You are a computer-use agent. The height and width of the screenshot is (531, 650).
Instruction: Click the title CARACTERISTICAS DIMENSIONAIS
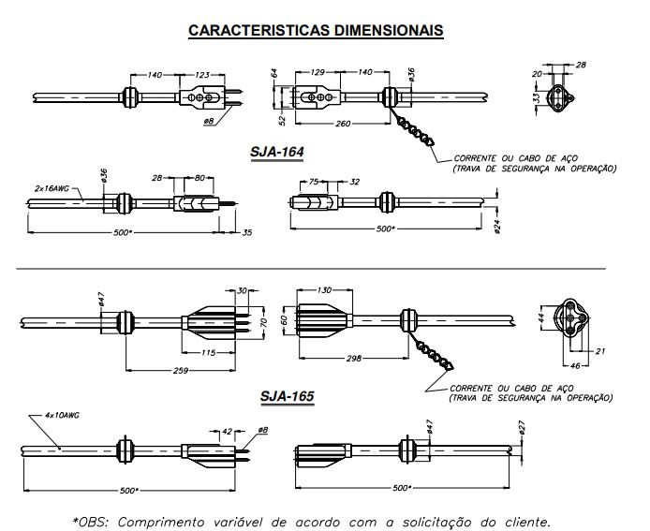[316, 30]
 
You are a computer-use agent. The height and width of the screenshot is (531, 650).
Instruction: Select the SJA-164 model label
[276, 152]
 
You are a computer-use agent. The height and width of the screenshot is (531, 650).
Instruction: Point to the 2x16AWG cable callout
[52, 186]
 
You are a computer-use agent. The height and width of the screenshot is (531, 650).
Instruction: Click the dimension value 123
[202, 73]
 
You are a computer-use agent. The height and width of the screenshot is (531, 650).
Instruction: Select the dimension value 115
[210, 351]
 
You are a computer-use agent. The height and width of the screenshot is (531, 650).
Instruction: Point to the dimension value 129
[318, 71]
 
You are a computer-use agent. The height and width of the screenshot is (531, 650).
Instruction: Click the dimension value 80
[199, 176]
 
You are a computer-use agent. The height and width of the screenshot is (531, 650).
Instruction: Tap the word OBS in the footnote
[93, 519]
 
